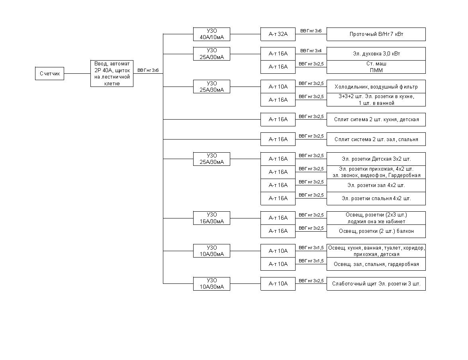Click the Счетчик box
tap(49, 73)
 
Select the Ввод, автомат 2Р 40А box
tap(112, 73)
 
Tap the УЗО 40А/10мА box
tap(211, 34)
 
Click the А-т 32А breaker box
tap(278, 34)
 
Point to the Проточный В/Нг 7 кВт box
tap(376, 34)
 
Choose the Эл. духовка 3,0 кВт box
tap(376, 54)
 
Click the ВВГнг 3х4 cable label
tap(311, 51)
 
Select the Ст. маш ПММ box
tap(376, 67)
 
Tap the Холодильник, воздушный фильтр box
tap(376, 87)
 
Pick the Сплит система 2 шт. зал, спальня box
tap(376, 139)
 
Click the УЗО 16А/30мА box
tap(211, 218)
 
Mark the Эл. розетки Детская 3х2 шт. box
tap(376, 159)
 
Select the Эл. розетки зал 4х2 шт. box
tap(376, 185)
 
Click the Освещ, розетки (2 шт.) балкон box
tap(376, 231)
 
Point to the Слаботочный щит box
tap(376, 284)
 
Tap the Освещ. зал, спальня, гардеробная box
tap(376, 264)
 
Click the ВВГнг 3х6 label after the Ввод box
tap(148, 71)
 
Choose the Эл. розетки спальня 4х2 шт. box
tap(376, 199)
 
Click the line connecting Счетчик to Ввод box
tap(77, 73)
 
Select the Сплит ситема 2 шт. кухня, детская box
tap(376, 120)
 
